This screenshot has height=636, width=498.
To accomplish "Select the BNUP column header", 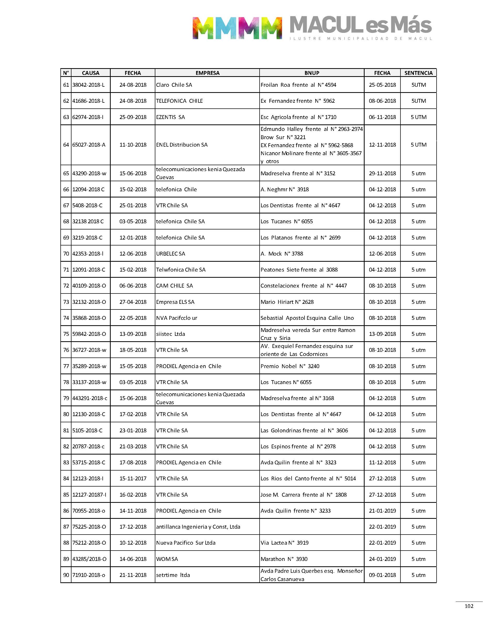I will pos(312,73).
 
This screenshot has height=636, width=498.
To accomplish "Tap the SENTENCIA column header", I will pos(419,73).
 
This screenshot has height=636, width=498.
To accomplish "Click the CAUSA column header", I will pos(90,73).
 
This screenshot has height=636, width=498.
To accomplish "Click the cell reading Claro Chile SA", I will pos(174,85).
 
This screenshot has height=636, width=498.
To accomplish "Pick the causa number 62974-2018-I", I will pos(88,117).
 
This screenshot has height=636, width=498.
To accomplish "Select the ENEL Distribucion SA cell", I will pos(182,145).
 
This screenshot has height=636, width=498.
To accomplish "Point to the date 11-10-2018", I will pos(133,145).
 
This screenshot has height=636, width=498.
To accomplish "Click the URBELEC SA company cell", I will pos(171,254).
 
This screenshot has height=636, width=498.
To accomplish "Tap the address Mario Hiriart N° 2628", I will pos(287,302).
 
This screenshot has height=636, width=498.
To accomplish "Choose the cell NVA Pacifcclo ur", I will pos(177,318).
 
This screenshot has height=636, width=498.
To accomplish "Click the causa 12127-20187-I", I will pos(89,495).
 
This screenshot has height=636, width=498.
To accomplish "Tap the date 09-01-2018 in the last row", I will pos(382,575).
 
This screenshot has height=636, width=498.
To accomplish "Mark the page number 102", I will pos(469,606).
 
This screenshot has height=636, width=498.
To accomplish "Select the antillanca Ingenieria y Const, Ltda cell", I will pos(198,527).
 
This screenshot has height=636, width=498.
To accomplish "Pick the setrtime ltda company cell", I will pos(173,575).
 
